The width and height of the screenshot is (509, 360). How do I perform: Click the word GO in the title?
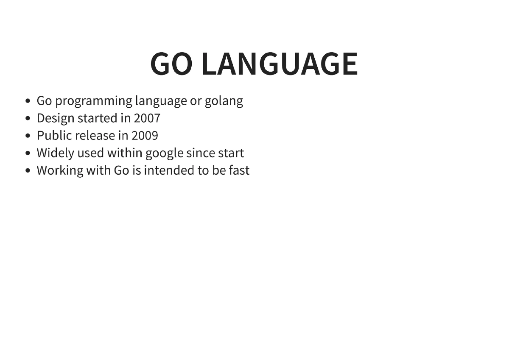pos(171,64)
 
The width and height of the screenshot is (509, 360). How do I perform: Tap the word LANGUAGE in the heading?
pos(280,64)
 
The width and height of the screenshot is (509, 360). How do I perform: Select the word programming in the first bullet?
pos(94,101)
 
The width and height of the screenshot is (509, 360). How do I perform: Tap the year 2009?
pos(145,136)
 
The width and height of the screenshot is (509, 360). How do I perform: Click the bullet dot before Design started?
pos(28,118)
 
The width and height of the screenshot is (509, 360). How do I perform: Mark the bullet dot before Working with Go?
pos(28,171)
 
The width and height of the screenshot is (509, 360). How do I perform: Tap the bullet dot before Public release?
pos(28,136)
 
